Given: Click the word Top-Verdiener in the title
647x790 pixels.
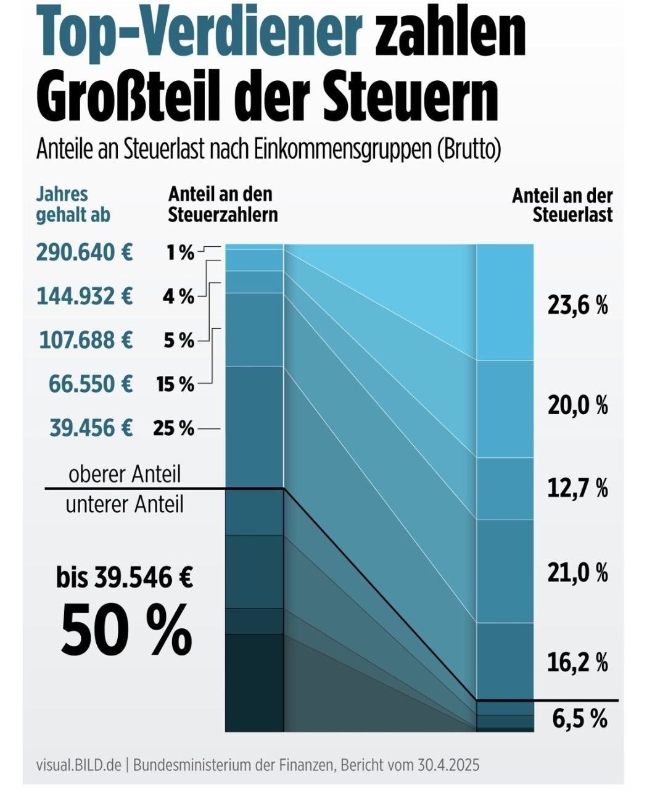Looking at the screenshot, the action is pos(200,36).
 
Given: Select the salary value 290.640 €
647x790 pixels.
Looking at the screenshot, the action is pos(84,252).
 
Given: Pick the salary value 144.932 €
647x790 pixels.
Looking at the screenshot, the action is pos(84,296).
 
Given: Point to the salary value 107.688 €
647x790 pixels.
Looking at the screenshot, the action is pos(86,340).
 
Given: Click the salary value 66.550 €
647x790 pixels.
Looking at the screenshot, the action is pos(91,384).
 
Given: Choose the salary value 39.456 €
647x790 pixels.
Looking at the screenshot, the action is pos(91,428).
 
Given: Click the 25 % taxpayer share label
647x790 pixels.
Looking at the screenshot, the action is pos(174,428).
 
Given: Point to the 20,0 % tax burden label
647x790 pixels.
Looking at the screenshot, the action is pos(578,405).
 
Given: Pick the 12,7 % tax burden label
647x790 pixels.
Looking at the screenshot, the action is pos(578,488).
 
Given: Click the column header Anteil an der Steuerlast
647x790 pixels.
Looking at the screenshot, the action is pos(563,206).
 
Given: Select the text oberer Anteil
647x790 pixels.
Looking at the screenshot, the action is pos(125,474).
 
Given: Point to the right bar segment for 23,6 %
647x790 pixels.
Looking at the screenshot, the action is pos(505,302).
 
